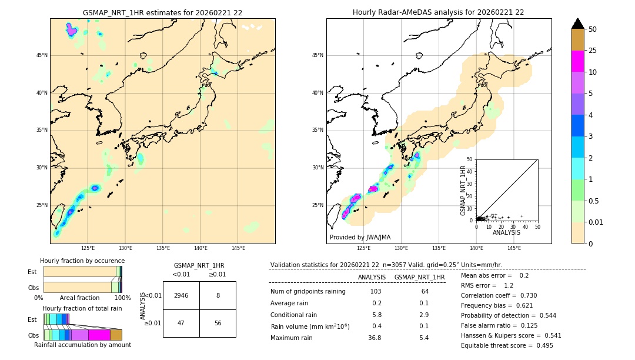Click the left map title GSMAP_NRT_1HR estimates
[162, 12]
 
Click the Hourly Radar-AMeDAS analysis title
[438, 12]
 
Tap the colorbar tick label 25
[593, 51]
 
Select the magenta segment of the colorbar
[577, 61]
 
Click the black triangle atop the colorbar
[577, 24]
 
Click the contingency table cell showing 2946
[181, 295]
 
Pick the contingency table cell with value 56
[218, 323]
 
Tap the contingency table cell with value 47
[181, 323]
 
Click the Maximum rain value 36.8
[375, 338]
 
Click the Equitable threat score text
[507, 345]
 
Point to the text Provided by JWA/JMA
[360, 237]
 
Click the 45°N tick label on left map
[42, 55]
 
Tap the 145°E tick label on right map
[514, 248]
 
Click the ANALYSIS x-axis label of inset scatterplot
[506, 232]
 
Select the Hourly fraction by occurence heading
[82, 261]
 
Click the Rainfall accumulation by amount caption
[82, 345]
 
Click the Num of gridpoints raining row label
[308, 291]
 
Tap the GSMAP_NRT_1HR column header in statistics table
[419, 277]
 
